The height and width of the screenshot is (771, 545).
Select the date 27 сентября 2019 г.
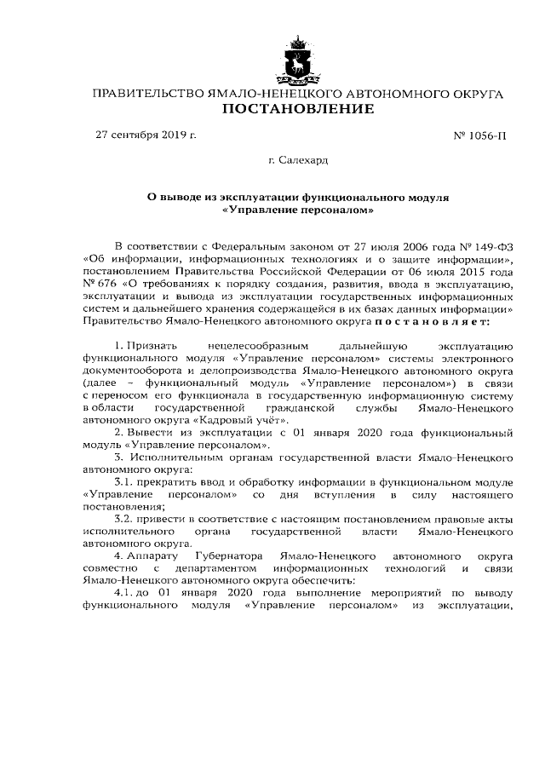click(x=146, y=135)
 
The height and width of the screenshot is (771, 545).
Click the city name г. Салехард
click(x=298, y=159)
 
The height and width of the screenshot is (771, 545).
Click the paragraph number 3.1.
click(x=124, y=481)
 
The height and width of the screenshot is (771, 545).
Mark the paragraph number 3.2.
click(x=124, y=518)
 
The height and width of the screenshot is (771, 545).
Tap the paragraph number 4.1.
click(x=124, y=592)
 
